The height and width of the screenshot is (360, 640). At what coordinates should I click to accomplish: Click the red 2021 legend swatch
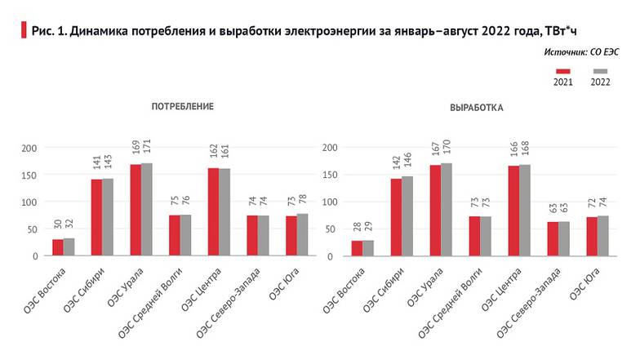pos(562,72)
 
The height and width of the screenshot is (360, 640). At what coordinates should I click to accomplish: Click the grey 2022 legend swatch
pos(600,72)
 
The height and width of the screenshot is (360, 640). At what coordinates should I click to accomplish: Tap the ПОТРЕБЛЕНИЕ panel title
pos(182,107)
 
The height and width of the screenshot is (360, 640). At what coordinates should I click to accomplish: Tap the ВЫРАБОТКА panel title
pos(477,107)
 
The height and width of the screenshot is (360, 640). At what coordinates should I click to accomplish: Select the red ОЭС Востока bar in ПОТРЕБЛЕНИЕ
pos(58,247)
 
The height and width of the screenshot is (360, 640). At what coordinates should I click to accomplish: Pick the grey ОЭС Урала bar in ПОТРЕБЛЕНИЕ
pos(147,210)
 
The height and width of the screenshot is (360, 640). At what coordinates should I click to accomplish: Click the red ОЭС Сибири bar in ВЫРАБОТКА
pos(397,217)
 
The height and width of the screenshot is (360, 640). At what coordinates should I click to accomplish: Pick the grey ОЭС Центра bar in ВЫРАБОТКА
pos(524,211)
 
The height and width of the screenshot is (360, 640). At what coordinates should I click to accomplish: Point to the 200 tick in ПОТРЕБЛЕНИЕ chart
pos(29,148)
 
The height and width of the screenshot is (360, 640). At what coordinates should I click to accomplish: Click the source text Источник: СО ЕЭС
pos(581,51)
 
